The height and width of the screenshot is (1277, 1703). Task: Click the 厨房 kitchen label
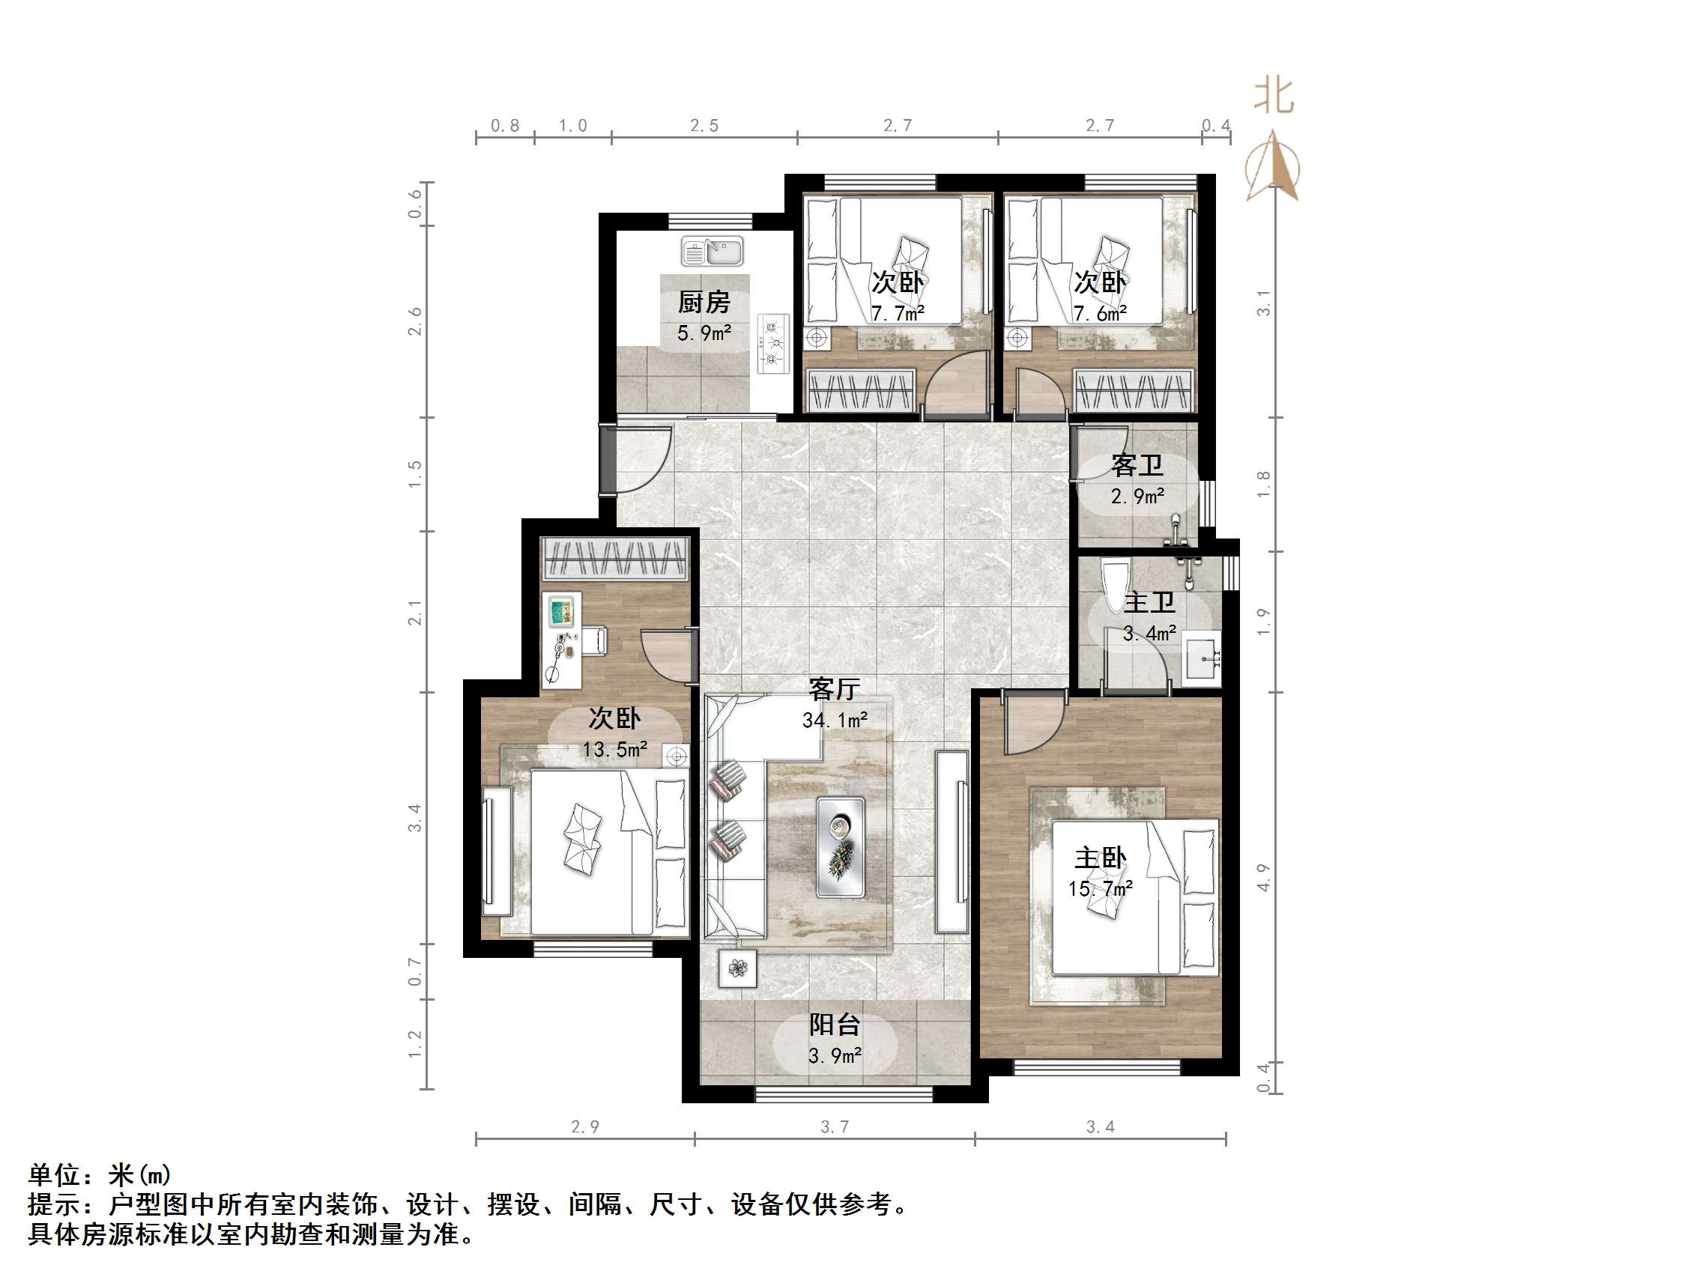pyautogui.click(x=704, y=302)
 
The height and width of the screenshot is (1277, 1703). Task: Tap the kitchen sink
pyautogui.click(x=713, y=252)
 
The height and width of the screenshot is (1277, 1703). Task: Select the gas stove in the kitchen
pyautogui.click(x=773, y=343)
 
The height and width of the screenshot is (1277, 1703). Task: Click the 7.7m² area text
pyautogui.click(x=898, y=313)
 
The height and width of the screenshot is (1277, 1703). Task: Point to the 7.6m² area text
pyautogui.click(x=1100, y=313)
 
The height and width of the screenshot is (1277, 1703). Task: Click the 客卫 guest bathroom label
pyautogui.click(x=1137, y=465)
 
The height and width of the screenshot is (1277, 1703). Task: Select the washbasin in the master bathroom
pyautogui.click(x=1201, y=659)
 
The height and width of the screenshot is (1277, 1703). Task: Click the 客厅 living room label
pyautogui.click(x=834, y=688)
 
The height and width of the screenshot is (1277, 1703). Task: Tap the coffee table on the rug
pyautogui.click(x=840, y=847)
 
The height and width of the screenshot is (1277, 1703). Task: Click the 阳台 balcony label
pyautogui.click(x=835, y=1025)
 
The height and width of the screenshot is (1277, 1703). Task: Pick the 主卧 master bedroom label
pyautogui.click(x=1100, y=858)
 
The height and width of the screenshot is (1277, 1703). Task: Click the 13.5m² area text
pyautogui.click(x=614, y=749)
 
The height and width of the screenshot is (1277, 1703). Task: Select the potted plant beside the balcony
pyautogui.click(x=737, y=968)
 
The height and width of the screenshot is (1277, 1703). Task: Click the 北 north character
pyautogui.click(x=1274, y=96)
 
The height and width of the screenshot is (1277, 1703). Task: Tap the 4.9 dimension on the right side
pyautogui.click(x=1263, y=878)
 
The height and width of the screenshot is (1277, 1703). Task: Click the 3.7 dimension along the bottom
pyautogui.click(x=835, y=1127)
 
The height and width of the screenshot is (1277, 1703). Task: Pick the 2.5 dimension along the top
pyautogui.click(x=704, y=126)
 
